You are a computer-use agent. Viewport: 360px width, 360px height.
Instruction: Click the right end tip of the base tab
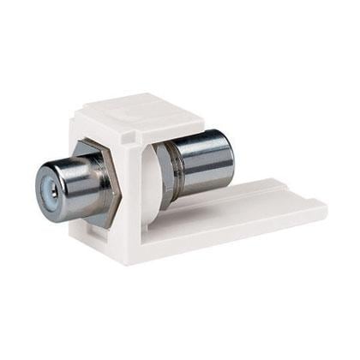tap(324, 205)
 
